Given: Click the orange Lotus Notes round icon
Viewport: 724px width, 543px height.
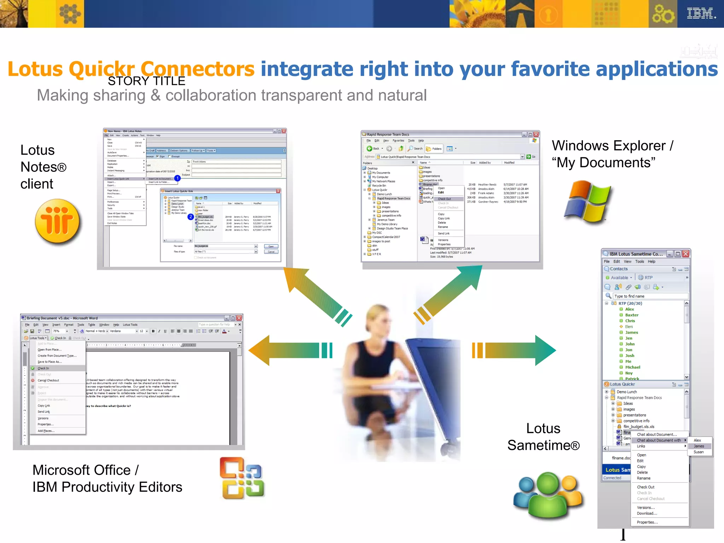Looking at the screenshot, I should (57, 222).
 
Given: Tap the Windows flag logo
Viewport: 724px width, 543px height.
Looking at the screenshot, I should (587, 201).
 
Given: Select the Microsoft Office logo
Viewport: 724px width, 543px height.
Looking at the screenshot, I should (242, 478).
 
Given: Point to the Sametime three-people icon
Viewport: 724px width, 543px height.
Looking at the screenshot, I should (548, 495).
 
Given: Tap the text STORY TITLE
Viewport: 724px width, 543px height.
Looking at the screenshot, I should (146, 81).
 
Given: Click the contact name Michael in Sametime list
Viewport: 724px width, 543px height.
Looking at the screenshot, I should (632, 367).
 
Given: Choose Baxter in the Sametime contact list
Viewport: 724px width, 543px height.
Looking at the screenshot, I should (632, 315).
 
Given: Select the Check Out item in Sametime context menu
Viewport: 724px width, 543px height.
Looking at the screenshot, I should (646, 487).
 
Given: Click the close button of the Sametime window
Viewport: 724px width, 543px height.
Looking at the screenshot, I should (685, 254).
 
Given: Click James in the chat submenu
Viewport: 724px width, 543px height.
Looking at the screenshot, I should (699, 446).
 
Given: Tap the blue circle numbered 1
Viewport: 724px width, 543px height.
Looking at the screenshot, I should (177, 178).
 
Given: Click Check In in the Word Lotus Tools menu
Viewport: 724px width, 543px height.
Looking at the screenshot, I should (43, 368).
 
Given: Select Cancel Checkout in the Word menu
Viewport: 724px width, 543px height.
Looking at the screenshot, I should (48, 380).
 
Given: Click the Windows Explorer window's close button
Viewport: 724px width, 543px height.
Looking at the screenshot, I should (536, 134).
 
